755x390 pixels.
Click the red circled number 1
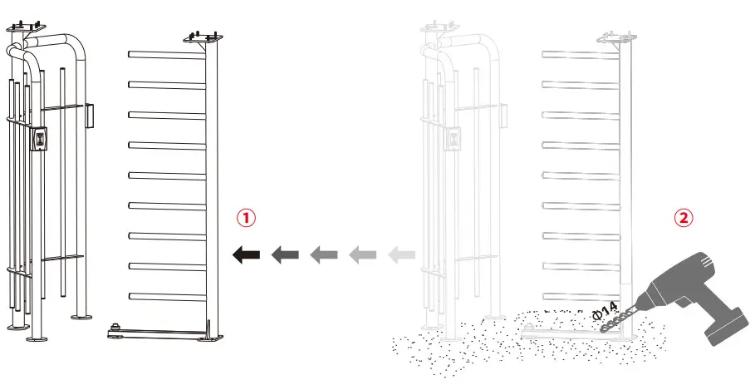(245, 218)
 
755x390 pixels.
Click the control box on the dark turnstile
(39, 138)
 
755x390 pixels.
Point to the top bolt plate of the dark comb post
(202, 38)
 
